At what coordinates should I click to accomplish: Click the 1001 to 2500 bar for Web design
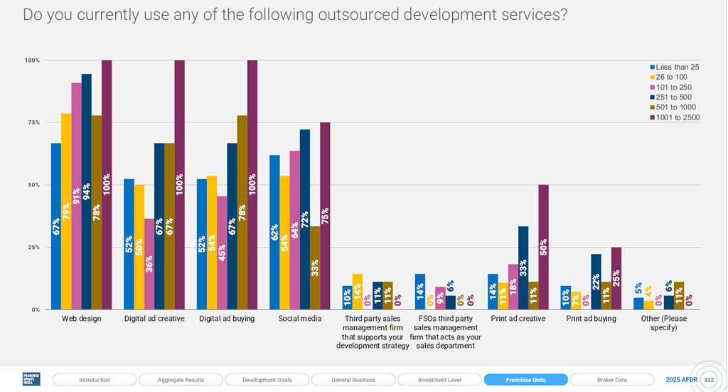point(107,185)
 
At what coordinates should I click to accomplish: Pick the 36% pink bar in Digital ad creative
point(149,264)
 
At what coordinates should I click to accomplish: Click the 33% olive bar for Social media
point(314,267)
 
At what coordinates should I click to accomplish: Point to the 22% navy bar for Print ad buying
point(596,282)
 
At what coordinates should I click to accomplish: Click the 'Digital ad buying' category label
point(227,319)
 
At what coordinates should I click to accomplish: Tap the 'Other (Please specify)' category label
point(664,323)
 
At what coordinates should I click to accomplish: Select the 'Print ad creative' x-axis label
point(518,319)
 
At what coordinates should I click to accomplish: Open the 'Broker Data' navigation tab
point(612,380)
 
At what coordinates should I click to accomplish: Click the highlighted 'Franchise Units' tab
point(525,380)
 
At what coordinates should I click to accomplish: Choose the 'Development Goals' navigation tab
point(267,380)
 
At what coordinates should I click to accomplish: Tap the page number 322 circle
point(708,380)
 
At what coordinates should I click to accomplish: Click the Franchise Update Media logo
point(31,379)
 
